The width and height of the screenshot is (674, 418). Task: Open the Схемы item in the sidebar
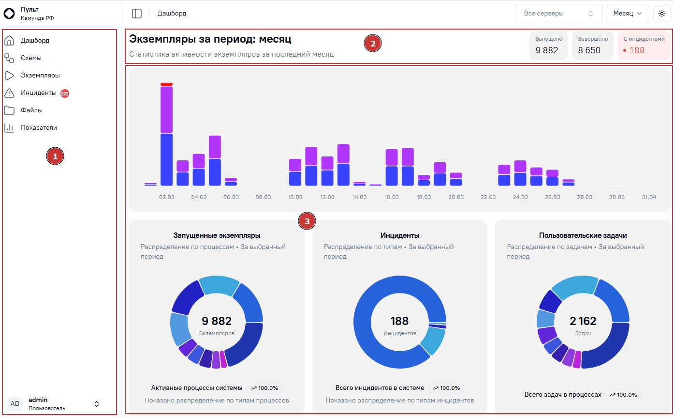[x=31, y=58]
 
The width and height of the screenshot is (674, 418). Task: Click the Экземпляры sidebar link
[x=40, y=76]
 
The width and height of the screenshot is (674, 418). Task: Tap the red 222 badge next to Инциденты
[x=65, y=93]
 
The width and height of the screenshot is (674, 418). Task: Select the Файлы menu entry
[x=31, y=110]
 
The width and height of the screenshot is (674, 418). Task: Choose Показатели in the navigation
[x=39, y=128]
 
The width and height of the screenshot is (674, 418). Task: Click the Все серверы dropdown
[x=559, y=14]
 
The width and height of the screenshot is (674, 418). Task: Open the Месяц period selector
[x=628, y=14]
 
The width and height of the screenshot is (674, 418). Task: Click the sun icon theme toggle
[x=661, y=14]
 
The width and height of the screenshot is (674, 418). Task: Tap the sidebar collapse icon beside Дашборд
[x=137, y=14]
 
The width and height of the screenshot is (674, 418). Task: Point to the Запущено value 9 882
[x=547, y=50]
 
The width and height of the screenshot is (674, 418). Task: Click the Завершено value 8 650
[x=589, y=50]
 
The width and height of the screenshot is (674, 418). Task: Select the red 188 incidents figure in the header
[x=637, y=50]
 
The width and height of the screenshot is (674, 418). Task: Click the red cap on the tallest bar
[x=166, y=84]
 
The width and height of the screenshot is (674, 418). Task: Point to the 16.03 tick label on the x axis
[x=392, y=197]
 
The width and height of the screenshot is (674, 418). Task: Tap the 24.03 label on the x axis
[x=520, y=197]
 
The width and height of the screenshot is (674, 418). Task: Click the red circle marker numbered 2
[x=372, y=44]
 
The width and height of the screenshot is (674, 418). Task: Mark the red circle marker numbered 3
[x=307, y=221]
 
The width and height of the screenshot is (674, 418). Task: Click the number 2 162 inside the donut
[x=583, y=321]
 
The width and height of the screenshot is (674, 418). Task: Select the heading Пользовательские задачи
[x=583, y=235]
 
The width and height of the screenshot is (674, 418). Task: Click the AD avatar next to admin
[x=15, y=404]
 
